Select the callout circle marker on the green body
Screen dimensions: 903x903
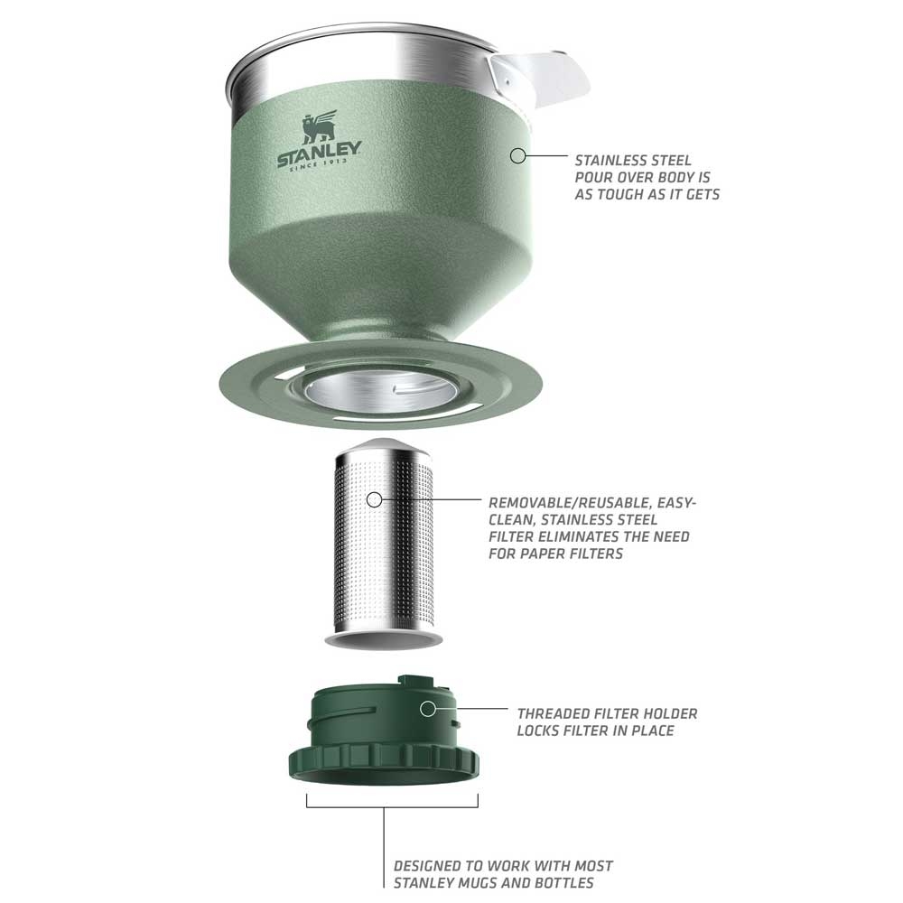click(x=517, y=155)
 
